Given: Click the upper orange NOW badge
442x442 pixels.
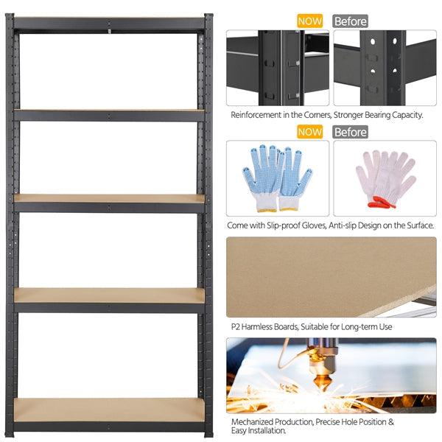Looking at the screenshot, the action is (310, 21).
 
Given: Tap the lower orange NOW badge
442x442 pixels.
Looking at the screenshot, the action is (310, 132).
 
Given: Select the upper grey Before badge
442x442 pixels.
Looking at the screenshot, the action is (351, 21).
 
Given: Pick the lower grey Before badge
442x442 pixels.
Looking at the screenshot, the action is (351, 132).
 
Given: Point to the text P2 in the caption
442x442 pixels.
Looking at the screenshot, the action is (236, 327).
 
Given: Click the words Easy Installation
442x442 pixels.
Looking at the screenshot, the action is (259, 431).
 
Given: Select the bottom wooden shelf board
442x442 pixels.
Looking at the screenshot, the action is (109, 410).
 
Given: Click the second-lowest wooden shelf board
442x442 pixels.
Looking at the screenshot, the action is (109, 295).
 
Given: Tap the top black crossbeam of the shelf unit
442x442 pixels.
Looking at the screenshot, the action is (109, 24).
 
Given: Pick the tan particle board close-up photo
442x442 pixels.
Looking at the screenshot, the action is (331, 277).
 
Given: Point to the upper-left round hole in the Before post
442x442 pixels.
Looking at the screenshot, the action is (373, 41).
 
